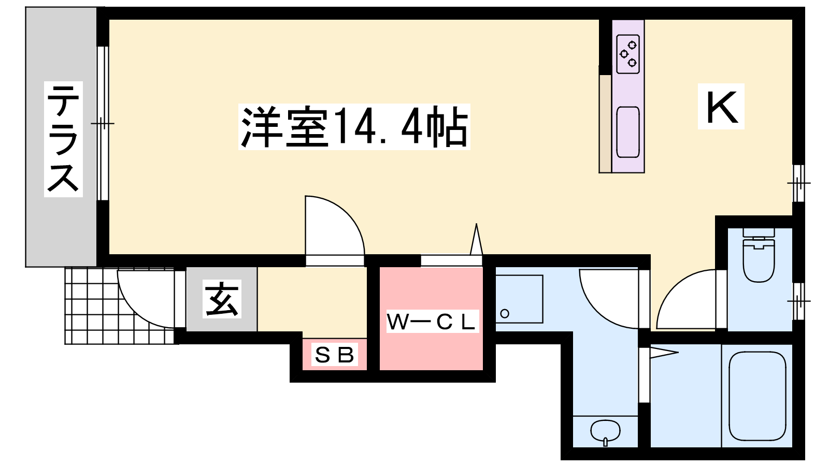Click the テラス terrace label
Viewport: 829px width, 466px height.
pos(63,139)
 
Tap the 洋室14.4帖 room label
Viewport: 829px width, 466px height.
pos(354,127)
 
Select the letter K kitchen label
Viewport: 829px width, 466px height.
pos(721,107)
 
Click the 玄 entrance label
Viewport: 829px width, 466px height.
pos(222,299)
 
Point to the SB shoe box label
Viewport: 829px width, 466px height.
pos(335,355)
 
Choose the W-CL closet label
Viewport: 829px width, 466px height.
pos(433,322)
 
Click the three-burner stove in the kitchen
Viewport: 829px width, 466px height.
pos(628,54)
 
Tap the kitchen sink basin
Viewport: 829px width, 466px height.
pos(628,132)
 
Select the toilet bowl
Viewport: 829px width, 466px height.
pos(759,260)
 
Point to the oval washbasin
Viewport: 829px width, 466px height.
pos(606,431)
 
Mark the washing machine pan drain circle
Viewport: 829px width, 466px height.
pos(505,314)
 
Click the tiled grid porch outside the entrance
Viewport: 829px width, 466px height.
pos(119,306)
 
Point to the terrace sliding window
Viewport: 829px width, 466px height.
pos(103,123)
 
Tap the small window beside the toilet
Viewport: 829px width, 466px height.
pos(798,301)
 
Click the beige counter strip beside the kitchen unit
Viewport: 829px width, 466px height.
pos(606,124)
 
